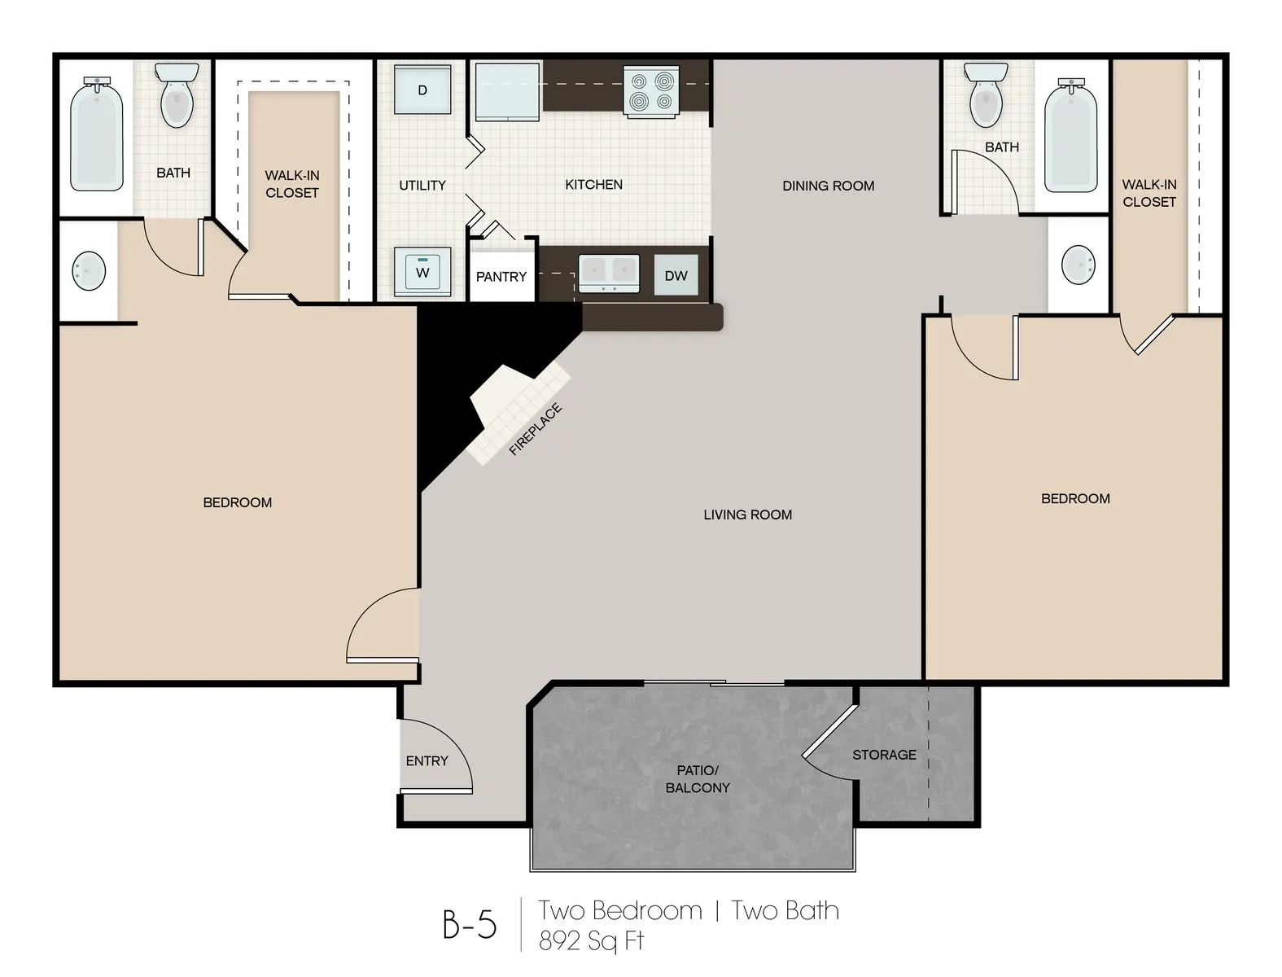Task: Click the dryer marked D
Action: (422, 90)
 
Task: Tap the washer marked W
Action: (422, 272)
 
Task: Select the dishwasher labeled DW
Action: (676, 275)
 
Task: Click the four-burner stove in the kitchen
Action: (652, 91)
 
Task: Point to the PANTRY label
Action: (501, 277)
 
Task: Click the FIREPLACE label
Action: (536, 429)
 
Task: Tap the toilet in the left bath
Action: (176, 96)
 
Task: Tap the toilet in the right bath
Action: (987, 96)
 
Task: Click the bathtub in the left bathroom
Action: (97, 135)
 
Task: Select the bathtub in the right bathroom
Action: (1070, 137)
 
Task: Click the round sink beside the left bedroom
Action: (89, 270)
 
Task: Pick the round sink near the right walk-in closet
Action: (1079, 265)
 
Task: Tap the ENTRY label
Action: (427, 761)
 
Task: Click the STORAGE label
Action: (884, 755)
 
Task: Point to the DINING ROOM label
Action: (828, 186)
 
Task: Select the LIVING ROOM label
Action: (747, 515)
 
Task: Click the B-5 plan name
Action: (470, 924)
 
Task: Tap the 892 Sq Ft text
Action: (592, 941)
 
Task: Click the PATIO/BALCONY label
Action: (698, 779)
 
